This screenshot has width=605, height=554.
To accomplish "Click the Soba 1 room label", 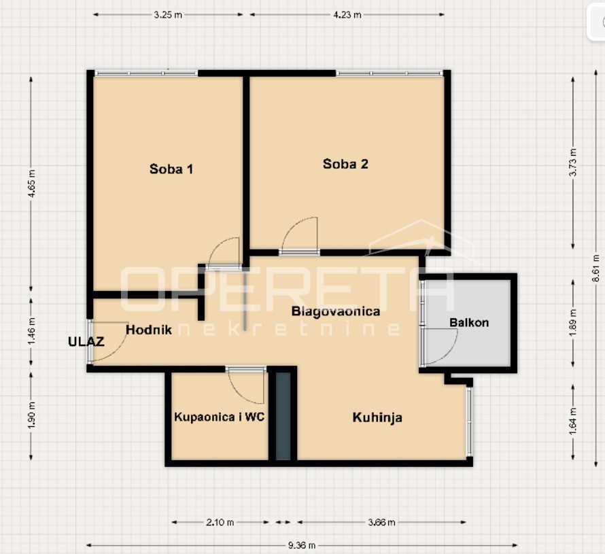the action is pos(171,169).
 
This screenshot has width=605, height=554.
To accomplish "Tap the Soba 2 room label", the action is pos(345,164).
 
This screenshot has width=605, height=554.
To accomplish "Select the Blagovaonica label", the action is pos(336,311).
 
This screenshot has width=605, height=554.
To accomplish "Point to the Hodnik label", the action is pos(149,330).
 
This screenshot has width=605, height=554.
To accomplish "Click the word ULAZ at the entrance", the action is pos(86,341).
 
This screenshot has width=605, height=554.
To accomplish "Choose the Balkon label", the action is pos(469,322).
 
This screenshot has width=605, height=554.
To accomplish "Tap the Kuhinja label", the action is pos(377,417).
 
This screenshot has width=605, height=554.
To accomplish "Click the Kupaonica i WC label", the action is pos(219,417).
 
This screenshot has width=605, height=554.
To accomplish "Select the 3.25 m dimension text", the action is pos(168,15).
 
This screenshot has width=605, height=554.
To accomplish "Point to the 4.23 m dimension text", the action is pos(347,15).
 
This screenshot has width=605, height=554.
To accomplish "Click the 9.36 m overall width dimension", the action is pos(302,545).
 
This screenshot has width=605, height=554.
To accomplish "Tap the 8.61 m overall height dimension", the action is pos(596,267).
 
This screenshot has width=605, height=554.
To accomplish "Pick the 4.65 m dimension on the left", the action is pos(32,184).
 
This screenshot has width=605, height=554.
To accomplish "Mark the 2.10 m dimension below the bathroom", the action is pos(220,522).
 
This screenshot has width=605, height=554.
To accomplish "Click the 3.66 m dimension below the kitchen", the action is pos(381,522).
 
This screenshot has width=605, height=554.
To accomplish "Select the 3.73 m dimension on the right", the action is pos(573,162).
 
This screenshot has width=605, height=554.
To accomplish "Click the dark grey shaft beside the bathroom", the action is pos(283,416).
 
